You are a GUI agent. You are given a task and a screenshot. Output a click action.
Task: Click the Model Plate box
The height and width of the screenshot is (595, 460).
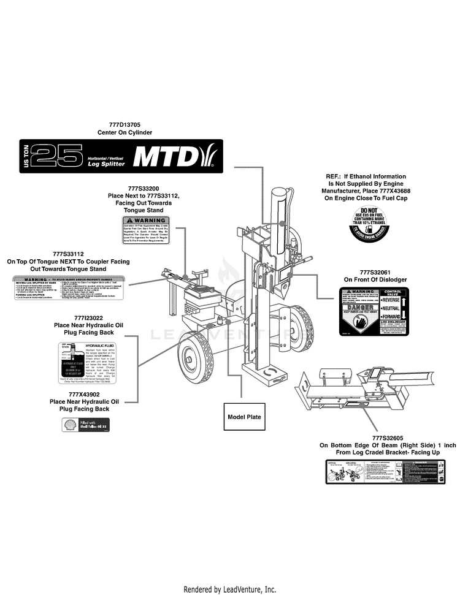[244, 417]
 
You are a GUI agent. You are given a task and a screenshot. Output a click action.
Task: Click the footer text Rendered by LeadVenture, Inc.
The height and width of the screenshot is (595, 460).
[230, 589]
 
